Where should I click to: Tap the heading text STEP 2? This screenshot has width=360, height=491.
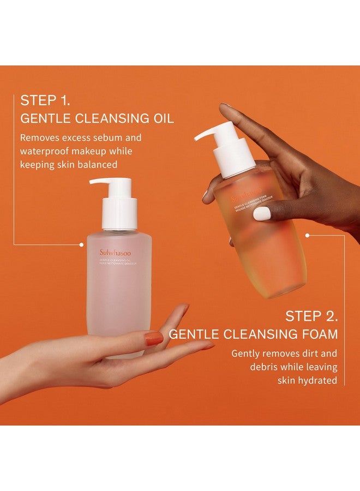click(312, 316)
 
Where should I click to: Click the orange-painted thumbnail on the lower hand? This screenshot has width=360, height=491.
click(153, 339)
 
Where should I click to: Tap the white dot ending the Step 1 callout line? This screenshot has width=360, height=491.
click(81, 245)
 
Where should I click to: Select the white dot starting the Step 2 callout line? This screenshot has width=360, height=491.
click(308, 236)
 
